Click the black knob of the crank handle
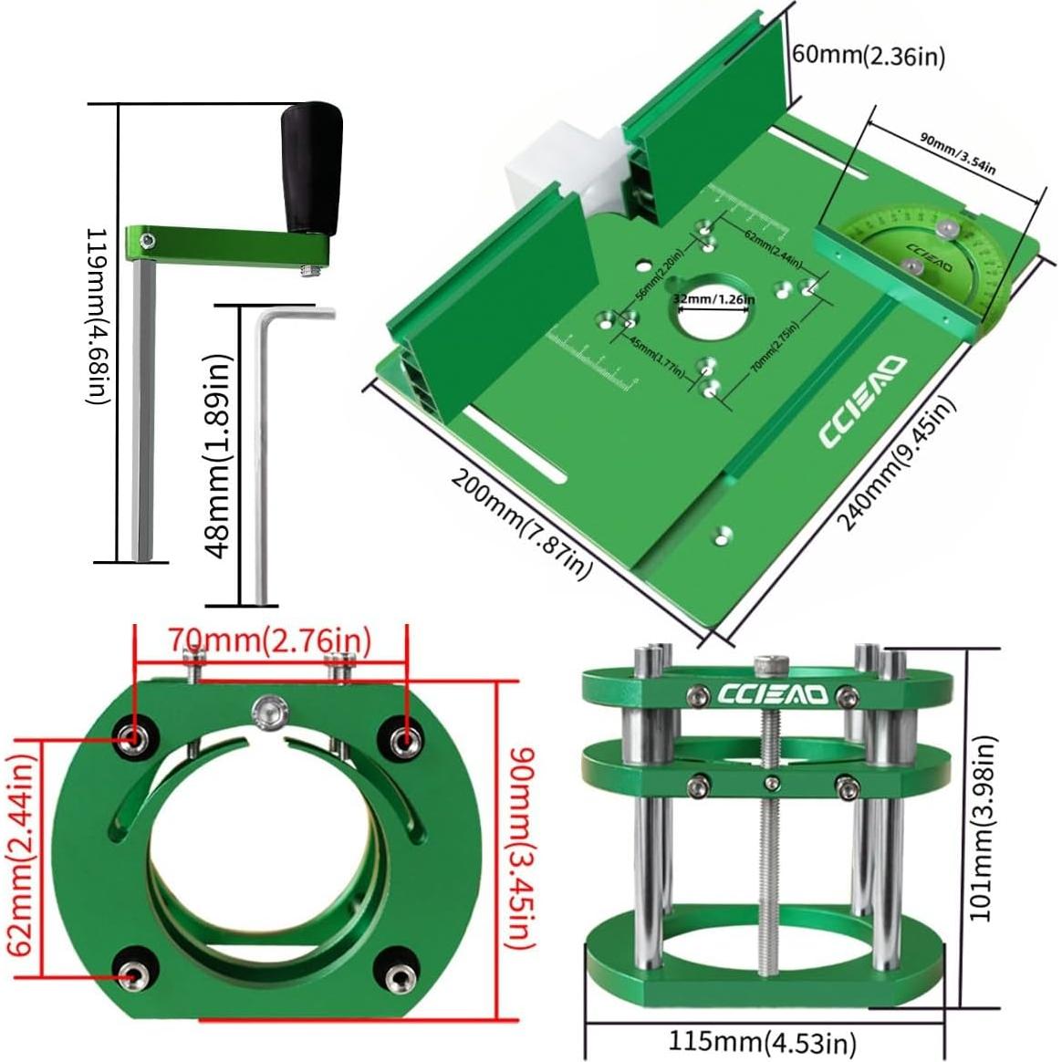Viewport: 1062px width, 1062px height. pos(310,169)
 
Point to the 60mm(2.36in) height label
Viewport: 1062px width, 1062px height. pos(867,56)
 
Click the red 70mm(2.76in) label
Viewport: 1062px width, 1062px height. pos(270,640)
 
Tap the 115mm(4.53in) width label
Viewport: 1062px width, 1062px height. pos(763,1041)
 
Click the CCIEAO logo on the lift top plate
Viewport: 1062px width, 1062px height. pos(772,695)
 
